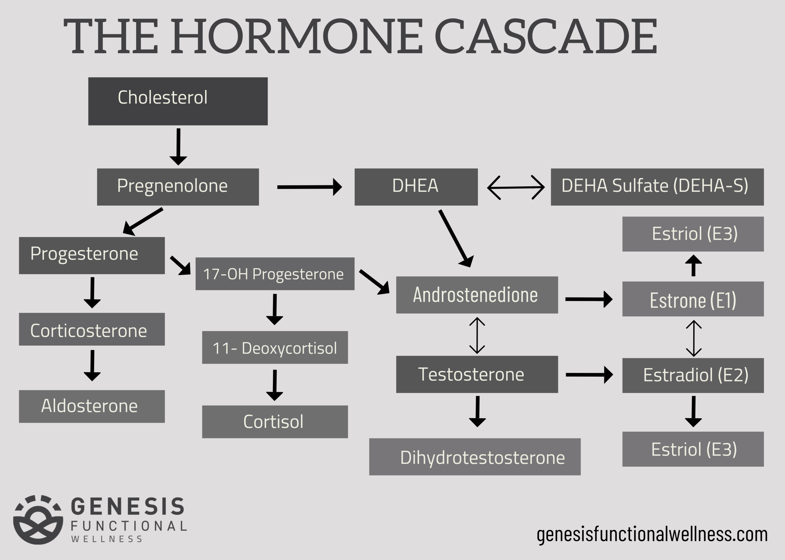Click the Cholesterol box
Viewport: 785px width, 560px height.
(178, 101)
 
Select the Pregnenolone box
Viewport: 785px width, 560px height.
(178, 187)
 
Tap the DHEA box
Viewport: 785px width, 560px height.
(416, 187)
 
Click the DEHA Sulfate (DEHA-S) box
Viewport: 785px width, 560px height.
(657, 187)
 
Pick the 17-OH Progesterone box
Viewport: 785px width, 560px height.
(275, 274)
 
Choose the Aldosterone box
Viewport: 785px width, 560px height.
(92, 406)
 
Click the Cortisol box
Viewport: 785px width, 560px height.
(275, 421)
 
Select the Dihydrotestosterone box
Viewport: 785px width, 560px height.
(475, 457)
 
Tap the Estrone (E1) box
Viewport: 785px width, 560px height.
(693, 299)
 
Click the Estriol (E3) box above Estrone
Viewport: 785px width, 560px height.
(693, 234)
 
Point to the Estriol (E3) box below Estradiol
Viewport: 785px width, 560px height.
(693, 449)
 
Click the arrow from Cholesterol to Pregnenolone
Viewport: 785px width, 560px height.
(178, 147)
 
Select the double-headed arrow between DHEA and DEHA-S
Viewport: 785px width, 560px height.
(516, 187)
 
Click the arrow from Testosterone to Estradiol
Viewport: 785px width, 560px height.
(589, 375)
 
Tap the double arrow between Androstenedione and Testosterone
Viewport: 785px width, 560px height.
(477, 335)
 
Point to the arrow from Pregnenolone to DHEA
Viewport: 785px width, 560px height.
(309, 187)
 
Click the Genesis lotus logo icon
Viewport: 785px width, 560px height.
(38, 520)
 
